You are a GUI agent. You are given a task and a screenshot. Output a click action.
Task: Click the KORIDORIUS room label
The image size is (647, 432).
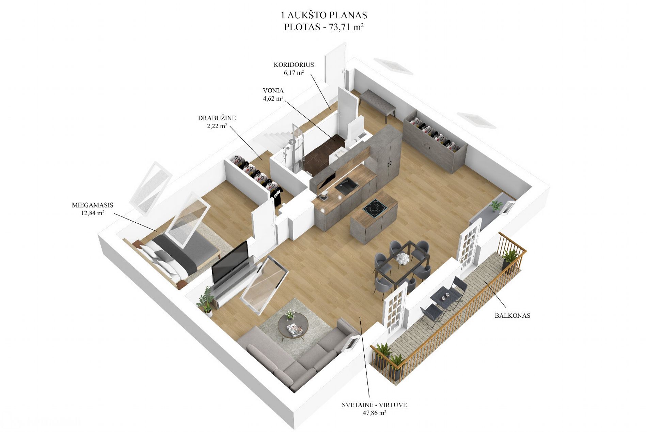(x=294, y=65)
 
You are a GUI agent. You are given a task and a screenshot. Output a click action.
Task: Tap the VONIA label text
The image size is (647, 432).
(x=273, y=91)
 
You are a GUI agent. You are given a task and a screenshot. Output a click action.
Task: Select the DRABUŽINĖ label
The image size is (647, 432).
(x=217, y=118)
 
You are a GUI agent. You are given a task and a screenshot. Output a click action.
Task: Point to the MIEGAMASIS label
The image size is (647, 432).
(x=93, y=205)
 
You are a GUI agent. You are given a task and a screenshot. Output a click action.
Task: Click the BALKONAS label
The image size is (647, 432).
(x=512, y=316)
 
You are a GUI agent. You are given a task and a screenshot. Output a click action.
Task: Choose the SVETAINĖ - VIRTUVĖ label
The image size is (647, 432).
(x=374, y=405)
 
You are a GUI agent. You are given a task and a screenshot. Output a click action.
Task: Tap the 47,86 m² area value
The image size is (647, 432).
(x=374, y=413)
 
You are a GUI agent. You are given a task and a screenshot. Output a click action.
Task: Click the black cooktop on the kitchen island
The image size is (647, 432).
(x=375, y=208)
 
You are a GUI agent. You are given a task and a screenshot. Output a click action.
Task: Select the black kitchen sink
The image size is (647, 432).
(x=346, y=186)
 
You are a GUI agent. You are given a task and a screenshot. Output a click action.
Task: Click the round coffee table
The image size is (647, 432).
(x=293, y=325)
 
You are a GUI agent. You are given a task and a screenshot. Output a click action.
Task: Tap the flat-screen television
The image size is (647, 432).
(x=230, y=262)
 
